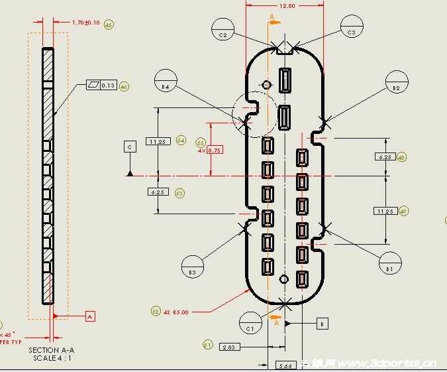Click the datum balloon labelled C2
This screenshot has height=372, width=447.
[x=223, y=30]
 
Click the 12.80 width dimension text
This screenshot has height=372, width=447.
[x=287, y=5]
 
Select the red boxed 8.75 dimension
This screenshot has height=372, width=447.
[x=215, y=151]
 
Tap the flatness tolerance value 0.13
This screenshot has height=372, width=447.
[x=108, y=86]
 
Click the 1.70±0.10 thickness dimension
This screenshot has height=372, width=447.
[x=85, y=23]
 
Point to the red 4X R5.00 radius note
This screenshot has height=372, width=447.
[x=175, y=312]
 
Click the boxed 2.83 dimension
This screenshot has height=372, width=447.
[x=228, y=347]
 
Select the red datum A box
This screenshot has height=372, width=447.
[x=91, y=316]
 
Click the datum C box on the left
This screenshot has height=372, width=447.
[x=130, y=146]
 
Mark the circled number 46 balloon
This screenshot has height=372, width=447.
[x=124, y=86]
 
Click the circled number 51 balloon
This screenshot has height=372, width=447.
[x=207, y=345]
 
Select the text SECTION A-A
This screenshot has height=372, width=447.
[x=52, y=349]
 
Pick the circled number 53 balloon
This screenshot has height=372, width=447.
[x=179, y=192]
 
